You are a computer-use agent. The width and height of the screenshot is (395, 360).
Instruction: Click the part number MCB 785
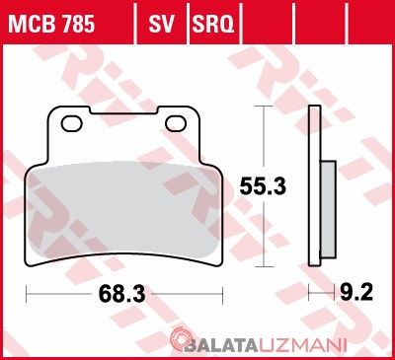coord(51,24)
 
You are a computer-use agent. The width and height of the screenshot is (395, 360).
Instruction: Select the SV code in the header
coord(161,24)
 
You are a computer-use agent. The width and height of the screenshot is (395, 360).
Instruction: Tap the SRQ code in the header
coord(213,24)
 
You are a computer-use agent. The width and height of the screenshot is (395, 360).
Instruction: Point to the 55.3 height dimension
coord(263,186)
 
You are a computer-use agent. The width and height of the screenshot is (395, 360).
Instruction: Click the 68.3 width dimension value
coord(121,294)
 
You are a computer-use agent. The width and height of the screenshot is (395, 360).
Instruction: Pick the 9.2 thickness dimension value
coord(356,292)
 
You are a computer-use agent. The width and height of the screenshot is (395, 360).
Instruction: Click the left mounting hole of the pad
coord(71,123)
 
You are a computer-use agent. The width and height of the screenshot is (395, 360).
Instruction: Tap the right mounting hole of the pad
coord(176,123)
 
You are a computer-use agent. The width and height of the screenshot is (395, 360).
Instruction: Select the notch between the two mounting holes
coord(123,110)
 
